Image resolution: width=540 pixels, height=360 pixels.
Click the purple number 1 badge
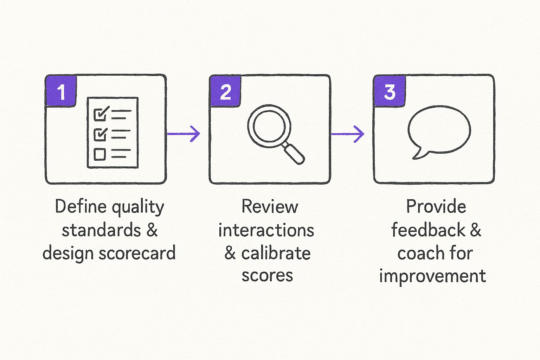click(x=61, y=91)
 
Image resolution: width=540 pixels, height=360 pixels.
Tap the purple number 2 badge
click(x=225, y=91)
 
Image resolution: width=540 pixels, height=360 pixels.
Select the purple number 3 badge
click(x=390, y=91)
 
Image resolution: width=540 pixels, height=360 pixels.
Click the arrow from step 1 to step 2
click(x=184, y=134)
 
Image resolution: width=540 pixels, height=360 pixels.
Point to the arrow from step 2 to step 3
click(x=348, y=134)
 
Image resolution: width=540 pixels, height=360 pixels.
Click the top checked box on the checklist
click(x=100, y=114)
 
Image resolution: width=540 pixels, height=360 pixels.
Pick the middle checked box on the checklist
click(x=100, y=134)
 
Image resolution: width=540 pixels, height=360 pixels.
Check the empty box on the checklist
click(x=100, y=154)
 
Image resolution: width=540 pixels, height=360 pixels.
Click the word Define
click(x=81, y=206)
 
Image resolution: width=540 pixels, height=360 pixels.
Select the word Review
click(x=270, y=206)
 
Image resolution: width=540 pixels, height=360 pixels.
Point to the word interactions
click(x=266, y=230)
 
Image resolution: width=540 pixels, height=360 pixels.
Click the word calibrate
click(x=276, y=253)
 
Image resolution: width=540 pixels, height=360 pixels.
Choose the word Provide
click(x=436, y=206)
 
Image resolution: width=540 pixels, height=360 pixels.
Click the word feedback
click(x=428, y=230)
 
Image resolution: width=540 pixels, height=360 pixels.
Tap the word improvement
click(x=432, y=276)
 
